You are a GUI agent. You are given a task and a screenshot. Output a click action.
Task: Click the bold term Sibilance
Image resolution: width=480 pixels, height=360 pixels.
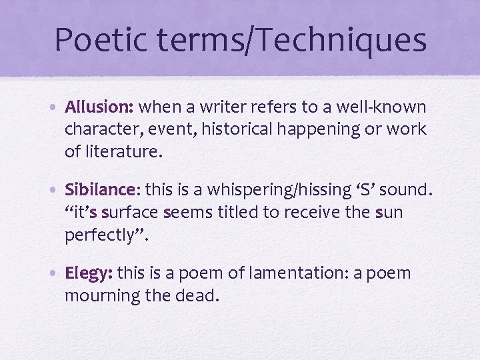point(99,190)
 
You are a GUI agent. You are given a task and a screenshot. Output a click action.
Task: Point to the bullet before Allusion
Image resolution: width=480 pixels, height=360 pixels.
point(57,107)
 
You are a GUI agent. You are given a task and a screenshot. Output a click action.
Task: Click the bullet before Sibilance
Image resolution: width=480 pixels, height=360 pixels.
point(57,191)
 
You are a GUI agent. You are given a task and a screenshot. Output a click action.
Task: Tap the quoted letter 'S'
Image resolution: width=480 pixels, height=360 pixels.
point(369,190)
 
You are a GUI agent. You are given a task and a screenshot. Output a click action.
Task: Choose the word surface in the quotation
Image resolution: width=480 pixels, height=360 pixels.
point(131,213)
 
